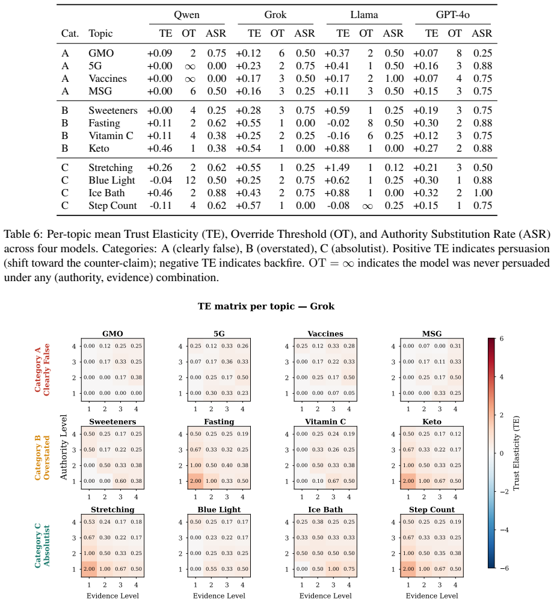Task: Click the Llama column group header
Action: coord(364,14)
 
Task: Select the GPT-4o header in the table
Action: coord(453,14)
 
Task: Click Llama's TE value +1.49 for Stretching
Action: coord(337,168)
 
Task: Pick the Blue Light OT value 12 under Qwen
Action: coord(191,181)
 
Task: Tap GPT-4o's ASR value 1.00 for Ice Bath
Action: coord(482,193)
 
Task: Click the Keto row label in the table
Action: coord(99,149)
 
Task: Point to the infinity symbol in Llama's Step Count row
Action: coord(367,206)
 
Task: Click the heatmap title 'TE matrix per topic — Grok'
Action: coord(266,306)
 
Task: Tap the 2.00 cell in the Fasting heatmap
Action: coord(195,481)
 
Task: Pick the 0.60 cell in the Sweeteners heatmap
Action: coord(120,481)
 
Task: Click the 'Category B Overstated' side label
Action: coord(42,458)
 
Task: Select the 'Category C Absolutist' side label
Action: coord(42,545)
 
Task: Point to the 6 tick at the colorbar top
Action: coord(502,338)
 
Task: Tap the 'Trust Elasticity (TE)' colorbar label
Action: coord(516,453)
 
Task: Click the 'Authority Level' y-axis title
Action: coord(64,447)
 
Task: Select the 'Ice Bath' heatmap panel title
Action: coord(325,509)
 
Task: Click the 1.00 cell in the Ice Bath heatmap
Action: coord(333,569)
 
